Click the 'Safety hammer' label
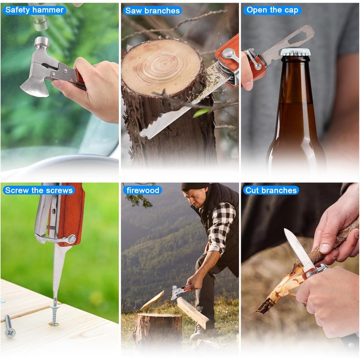tap(34, 10)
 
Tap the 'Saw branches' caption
tap(153, 10)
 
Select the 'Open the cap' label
tap(272, 10)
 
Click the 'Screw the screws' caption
tap(39, 190)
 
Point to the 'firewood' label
tap(143, 190)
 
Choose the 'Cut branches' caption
tap(271, 190)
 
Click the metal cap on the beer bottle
tap(295, 52)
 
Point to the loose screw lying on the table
tap(9, 326)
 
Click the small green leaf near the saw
tap(201, 112)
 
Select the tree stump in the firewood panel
tap(158, 331)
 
